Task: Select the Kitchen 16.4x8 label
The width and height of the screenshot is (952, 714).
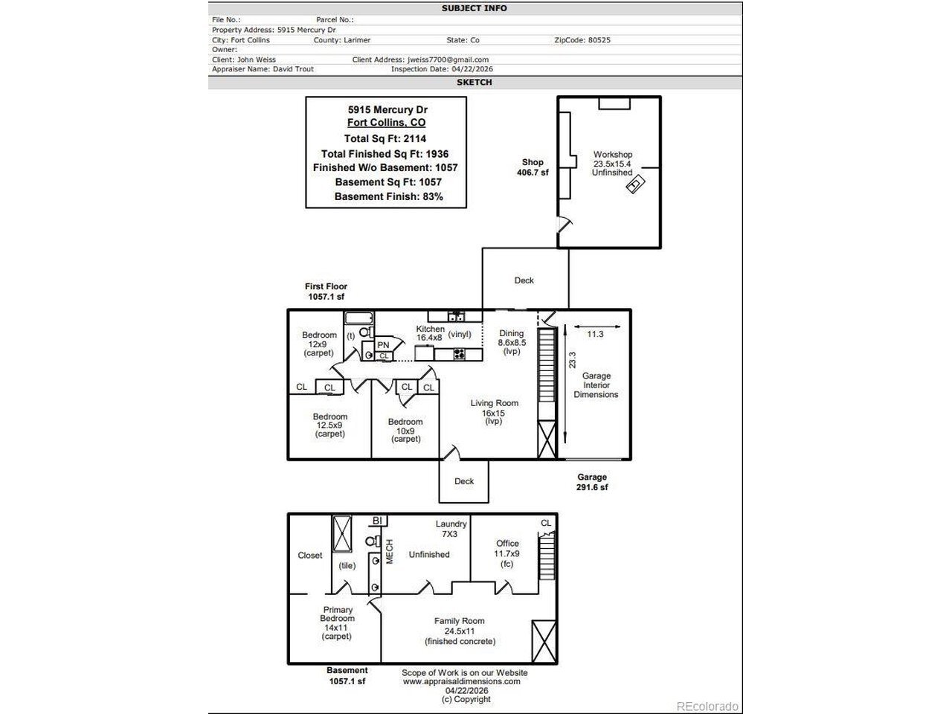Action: pos(430,333)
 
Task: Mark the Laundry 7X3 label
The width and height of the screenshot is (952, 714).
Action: pos(451,529)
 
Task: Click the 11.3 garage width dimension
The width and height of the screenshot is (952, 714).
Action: pos(595,334)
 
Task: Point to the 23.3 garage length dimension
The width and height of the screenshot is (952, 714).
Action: pos(572,360)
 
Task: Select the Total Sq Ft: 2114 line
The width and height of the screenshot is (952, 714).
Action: pos(385,139)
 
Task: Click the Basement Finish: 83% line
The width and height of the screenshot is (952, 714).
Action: pos(388,196)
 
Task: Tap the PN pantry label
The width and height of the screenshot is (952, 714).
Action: pos(383,345)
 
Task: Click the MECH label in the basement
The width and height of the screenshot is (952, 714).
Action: pos(390,551)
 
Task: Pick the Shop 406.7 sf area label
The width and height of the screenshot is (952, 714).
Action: pos(533,167)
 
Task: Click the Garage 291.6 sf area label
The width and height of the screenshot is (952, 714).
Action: pos(592,482)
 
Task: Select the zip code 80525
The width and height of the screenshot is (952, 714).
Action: pos(599,40)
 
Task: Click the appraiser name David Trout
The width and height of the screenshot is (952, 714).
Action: pos(293,69)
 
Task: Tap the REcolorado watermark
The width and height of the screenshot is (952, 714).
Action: pos(707,707)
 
